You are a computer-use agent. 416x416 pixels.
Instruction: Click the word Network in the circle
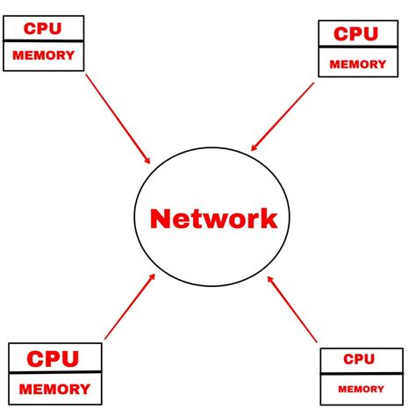213,219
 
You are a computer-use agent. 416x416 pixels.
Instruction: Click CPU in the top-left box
43,29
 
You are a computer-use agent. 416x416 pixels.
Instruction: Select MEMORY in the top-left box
44,55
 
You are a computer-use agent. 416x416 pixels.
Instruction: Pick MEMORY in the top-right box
357,64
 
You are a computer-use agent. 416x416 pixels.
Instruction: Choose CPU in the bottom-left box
53,360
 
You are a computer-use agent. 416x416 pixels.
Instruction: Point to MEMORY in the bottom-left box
54,389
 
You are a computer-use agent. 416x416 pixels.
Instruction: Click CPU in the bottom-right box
359,359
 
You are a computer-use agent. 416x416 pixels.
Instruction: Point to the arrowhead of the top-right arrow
254,147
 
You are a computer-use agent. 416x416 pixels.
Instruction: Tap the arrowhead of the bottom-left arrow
153,276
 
